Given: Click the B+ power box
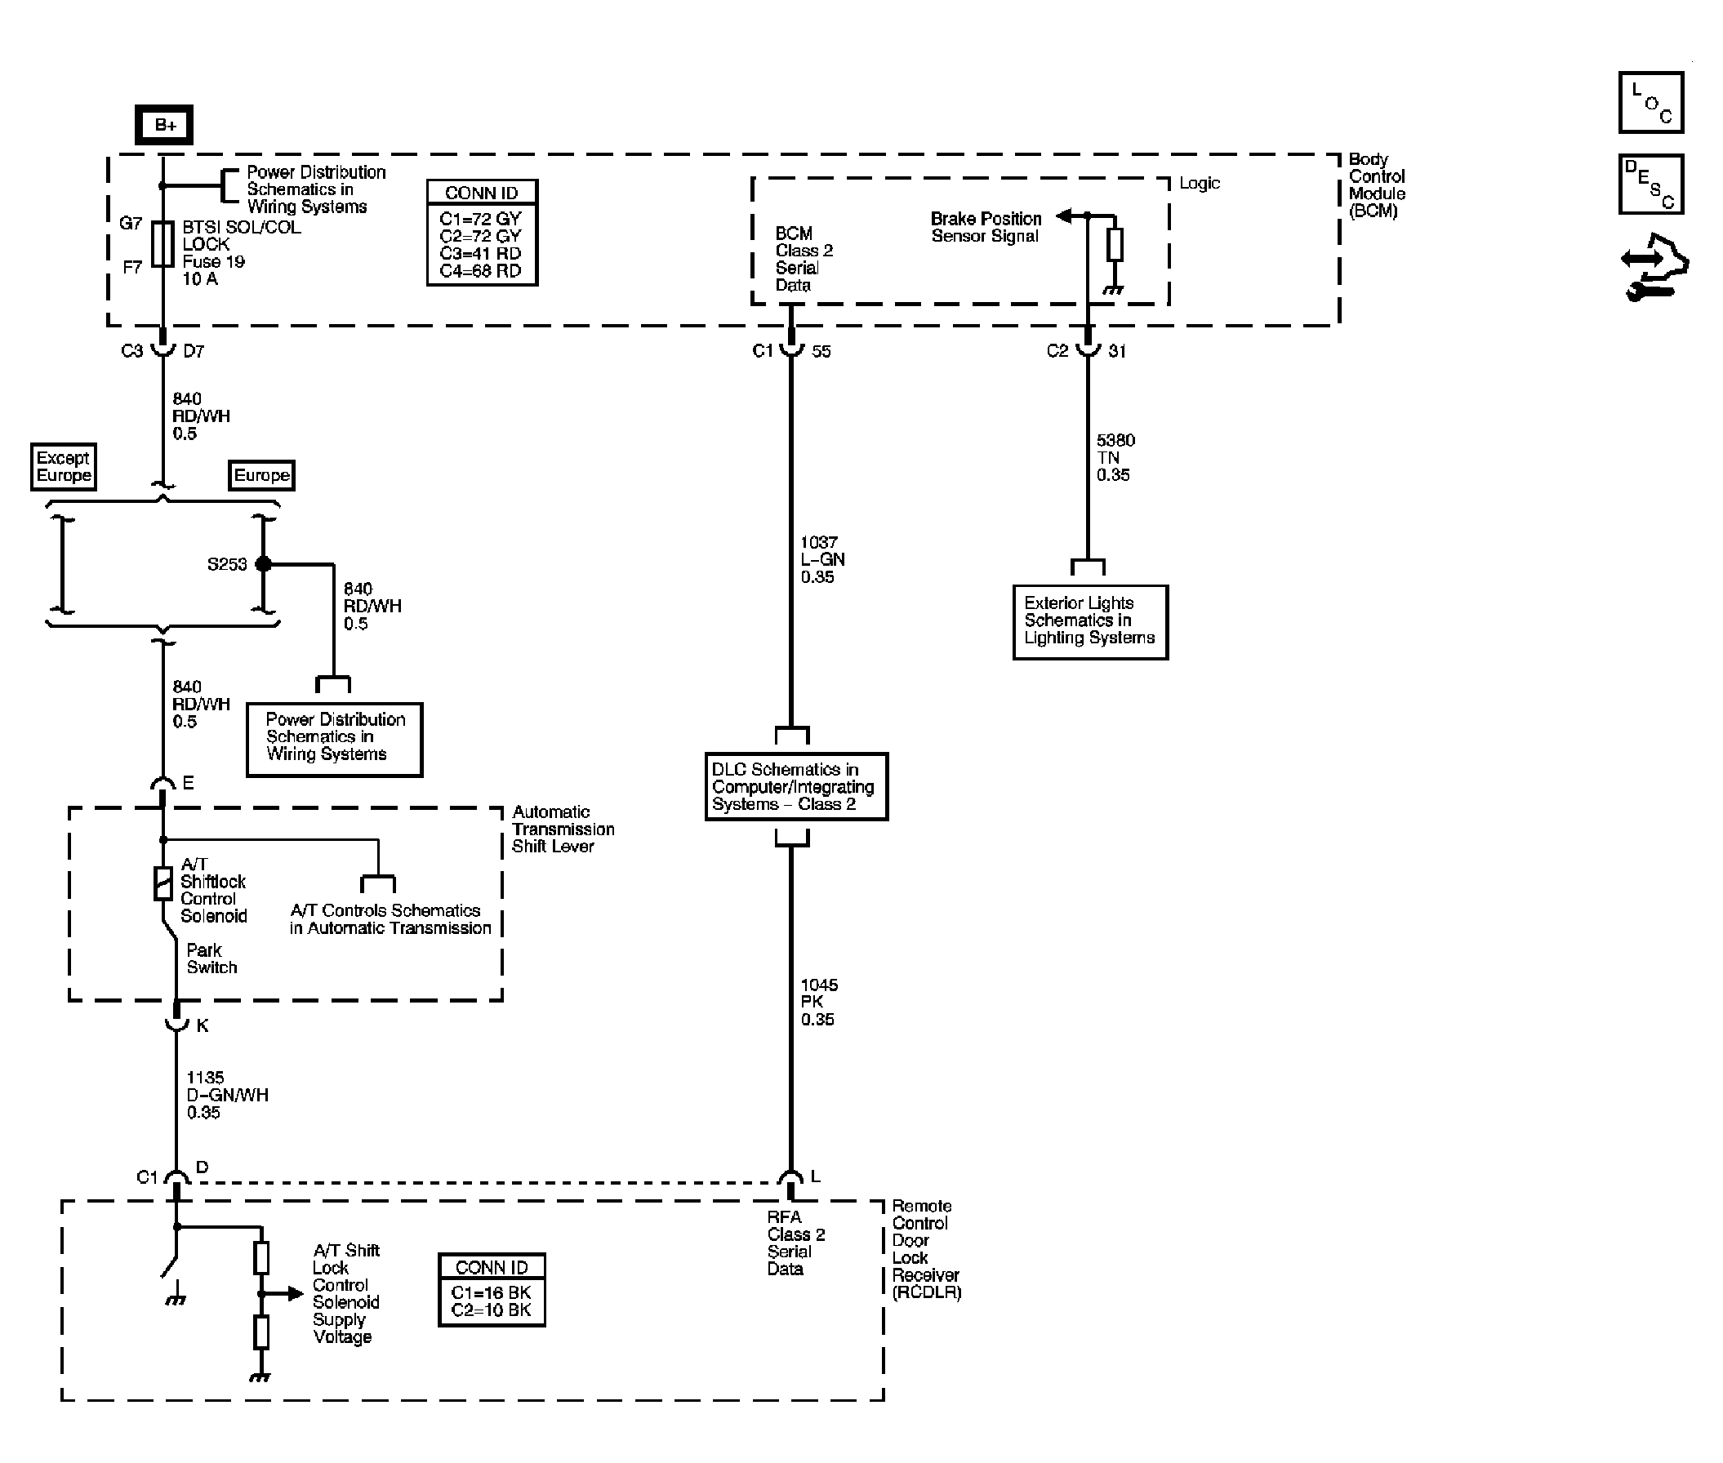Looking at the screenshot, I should [x=164, y=125].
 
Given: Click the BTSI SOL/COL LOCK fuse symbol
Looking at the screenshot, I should [x=163, y=245].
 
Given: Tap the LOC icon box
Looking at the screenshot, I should [x=1650, y=103].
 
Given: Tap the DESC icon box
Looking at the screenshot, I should [x=1650, y=185].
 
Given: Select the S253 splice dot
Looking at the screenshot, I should [x=263, y=564].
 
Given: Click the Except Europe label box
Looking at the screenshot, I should [x=63, y=467].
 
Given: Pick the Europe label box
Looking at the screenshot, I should [x=261, y=475].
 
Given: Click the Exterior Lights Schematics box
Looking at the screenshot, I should [x=1089, y=621].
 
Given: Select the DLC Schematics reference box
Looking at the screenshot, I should [x=795, y=786].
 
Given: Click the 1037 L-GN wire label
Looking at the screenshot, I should [x=821, y=559].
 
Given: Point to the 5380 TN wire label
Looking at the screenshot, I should [x=1115, y=457].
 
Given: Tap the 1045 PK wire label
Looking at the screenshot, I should [x=818, y=1002].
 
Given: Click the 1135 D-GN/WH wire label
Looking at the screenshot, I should [x=225, y=1095].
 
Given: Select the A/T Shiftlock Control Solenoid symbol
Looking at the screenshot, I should [x=163, y=883].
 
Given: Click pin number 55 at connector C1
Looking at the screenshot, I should [x=821, y=351].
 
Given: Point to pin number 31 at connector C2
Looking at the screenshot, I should [x=1116, y=351].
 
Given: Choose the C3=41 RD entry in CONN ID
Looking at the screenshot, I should [x=480, y=254].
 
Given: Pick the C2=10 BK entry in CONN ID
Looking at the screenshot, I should [x=490, y=1310].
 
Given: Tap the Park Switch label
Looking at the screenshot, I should [x=211, y=958].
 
